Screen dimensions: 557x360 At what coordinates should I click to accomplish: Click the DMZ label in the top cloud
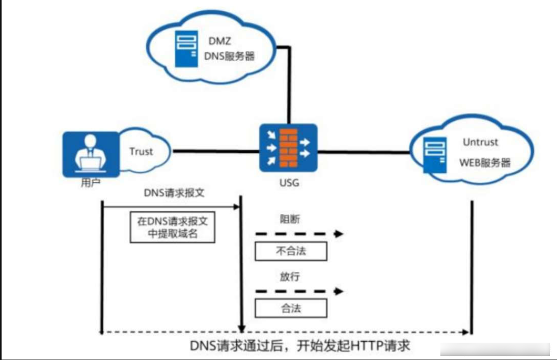(219, 41)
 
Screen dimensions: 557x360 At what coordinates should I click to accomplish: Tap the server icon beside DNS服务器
(186, 49)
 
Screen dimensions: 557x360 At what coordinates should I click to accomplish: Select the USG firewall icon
(288, 148)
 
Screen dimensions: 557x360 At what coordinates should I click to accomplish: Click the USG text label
(289, 183)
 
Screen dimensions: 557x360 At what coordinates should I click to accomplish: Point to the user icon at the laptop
(91, 154)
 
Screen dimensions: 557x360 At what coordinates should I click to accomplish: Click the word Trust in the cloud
(141, 152)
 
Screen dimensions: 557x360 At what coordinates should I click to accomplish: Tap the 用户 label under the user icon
(91, 183)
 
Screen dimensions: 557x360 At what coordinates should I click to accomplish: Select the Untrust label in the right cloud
(480, 142)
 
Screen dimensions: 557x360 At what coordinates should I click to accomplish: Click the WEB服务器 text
(485, 163)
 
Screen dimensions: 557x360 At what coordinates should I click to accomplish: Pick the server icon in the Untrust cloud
(435, 155)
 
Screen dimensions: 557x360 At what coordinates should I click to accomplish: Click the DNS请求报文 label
(174, 193)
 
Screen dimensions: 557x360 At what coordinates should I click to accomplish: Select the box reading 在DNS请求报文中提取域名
(172, 228)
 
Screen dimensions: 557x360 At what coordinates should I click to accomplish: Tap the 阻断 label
(290, 219)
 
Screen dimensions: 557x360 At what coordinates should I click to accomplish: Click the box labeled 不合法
(291, 251)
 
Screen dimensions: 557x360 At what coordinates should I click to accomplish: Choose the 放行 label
(290, 276)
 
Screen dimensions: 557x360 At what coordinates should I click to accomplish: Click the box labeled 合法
(291, 308)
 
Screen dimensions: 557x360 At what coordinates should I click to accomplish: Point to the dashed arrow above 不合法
(299, 234)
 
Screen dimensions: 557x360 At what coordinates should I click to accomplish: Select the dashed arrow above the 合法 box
(299, 291)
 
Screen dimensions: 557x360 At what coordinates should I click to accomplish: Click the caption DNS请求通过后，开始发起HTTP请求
(300, 346)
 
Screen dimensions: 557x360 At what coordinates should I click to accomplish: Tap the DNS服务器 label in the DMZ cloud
(230, 56)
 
